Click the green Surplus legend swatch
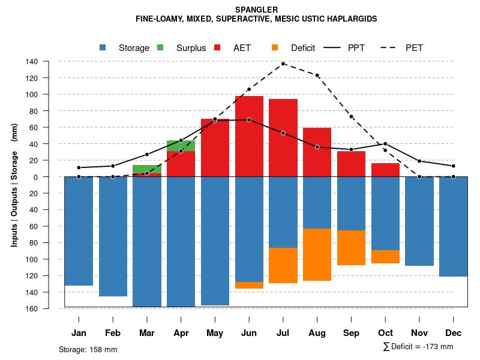coord(160,47)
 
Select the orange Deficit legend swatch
coord(275,47)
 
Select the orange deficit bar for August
coord(317,254)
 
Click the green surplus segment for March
coord(147,169)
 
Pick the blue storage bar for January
coord(79,231)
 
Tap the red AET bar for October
coord(385,170)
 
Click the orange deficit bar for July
coord(283,265)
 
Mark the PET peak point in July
coord(283,64)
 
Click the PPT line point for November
coord(419,161)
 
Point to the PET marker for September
coord(351,116)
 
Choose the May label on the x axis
coord(215,333)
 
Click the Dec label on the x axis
coord(454,333)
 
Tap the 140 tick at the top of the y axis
coord(49,62)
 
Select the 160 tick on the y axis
coord(49,308)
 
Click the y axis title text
coord(14,185)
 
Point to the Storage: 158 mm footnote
coord(88,349)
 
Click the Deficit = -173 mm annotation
coord(418,347)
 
